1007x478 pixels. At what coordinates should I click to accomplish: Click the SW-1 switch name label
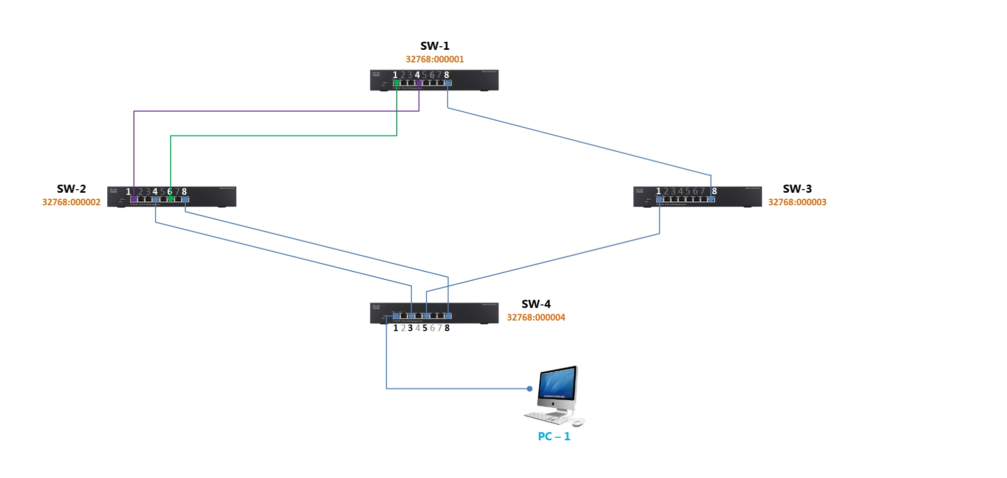tap(435, 46)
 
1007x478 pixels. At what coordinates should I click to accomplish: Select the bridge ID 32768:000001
tap(435, 59)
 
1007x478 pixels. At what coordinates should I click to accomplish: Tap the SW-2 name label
tap(71, 189)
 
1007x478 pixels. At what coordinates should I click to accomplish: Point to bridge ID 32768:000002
tap(71, 202)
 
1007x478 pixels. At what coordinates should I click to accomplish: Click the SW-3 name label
tap(797, 189)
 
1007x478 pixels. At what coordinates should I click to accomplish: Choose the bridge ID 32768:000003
tap(797, 202)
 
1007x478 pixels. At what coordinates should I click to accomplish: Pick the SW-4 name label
tap(536, 304)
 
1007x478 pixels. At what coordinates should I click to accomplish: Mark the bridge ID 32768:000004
tap(536, 317)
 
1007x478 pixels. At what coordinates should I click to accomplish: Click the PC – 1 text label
tap(554, 436)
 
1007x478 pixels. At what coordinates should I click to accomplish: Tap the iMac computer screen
tap(557, 385)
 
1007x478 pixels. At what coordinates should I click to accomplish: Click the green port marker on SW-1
tap(397, 83)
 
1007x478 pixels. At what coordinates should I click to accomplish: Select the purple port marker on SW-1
tap(419, 83)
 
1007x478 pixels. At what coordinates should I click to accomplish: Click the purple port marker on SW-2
tap(134, 199)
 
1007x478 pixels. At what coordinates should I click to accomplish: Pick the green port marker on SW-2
tap(171, 199)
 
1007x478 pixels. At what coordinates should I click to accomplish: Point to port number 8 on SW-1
tap(447, 75)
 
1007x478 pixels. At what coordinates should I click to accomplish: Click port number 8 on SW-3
tap(714, 191)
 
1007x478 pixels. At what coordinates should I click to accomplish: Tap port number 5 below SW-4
tap(425, 328)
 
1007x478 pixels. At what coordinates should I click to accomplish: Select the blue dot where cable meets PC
tap(530, 388)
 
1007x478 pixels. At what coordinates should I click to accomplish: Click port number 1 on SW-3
tap(658, 191)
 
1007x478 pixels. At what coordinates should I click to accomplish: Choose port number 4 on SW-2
tap(155, 192)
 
